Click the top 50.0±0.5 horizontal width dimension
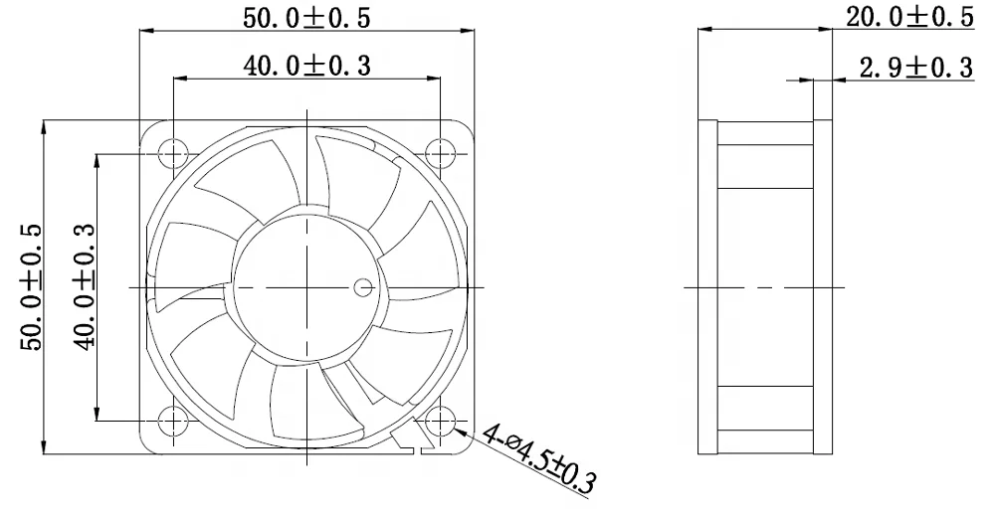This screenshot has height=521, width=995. click(305, 16)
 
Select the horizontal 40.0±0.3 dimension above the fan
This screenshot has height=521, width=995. click(306, 65)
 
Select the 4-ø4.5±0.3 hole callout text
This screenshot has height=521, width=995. click(538, 460)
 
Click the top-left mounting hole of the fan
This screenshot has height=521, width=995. click(173, 154)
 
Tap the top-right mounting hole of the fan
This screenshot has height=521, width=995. click(439, 154)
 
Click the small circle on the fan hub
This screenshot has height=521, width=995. click(363, 288)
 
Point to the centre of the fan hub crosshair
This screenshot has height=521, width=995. click(306, 287)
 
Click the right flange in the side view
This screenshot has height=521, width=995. click(823, 288)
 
